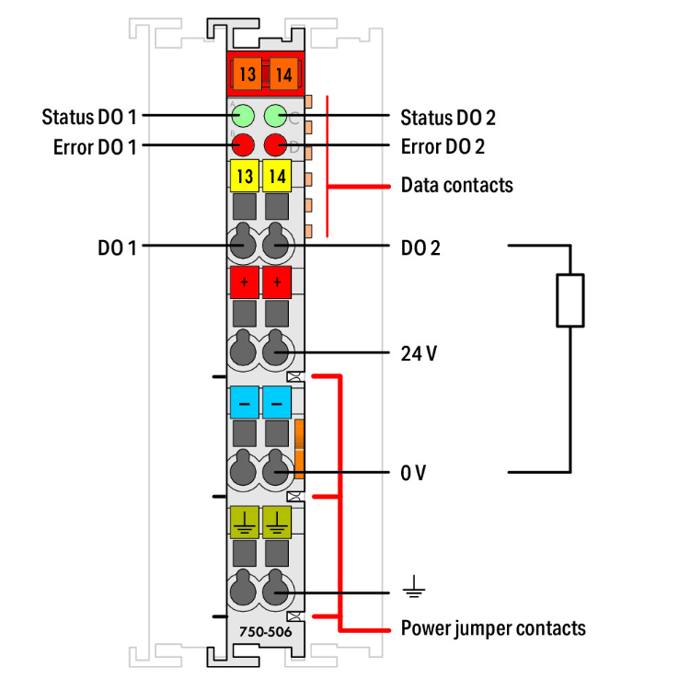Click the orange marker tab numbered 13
tap(245, 73)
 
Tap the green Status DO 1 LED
tap(244, 117)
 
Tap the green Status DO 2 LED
tap(276, 117)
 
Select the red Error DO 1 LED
tap(244, 144)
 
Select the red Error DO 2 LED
tap(276, 144)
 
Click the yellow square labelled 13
tap(244, 175)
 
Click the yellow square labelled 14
tap(276, 175)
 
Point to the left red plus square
tap(244, 282)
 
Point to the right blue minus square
tap(276, 402)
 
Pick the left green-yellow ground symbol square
tap(244, 522)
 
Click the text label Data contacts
tap(456, 186)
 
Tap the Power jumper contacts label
tap(493, 629)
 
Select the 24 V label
tap(419, 353)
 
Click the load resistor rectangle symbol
tap(570, 300)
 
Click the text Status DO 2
tap(448, 117)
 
